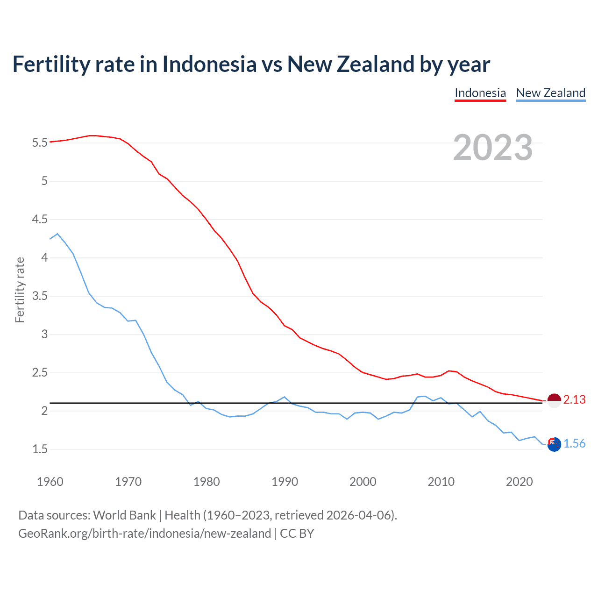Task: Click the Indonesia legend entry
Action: point(480,93)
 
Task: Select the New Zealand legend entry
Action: point(550,93)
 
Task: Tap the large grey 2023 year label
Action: point(493,148)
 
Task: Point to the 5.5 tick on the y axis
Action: point(40,142)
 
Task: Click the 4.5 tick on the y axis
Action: point(40,219)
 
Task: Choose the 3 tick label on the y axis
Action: point(44,334)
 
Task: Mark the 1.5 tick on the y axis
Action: point(40,449)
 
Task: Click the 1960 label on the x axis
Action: point(50,482)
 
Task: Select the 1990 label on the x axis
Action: point(285,482)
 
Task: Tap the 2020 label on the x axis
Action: point(519,482)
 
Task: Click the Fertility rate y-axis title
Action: point(20,290)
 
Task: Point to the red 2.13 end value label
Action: point(574,400)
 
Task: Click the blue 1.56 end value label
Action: point(574,444)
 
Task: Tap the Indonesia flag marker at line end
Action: point(554,400)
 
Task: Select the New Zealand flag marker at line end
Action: point(554,444)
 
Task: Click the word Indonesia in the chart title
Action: point(209,64)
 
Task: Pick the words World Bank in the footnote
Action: point(124,515)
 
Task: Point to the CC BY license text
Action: point(297,534)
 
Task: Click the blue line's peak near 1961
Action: point(57,234)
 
